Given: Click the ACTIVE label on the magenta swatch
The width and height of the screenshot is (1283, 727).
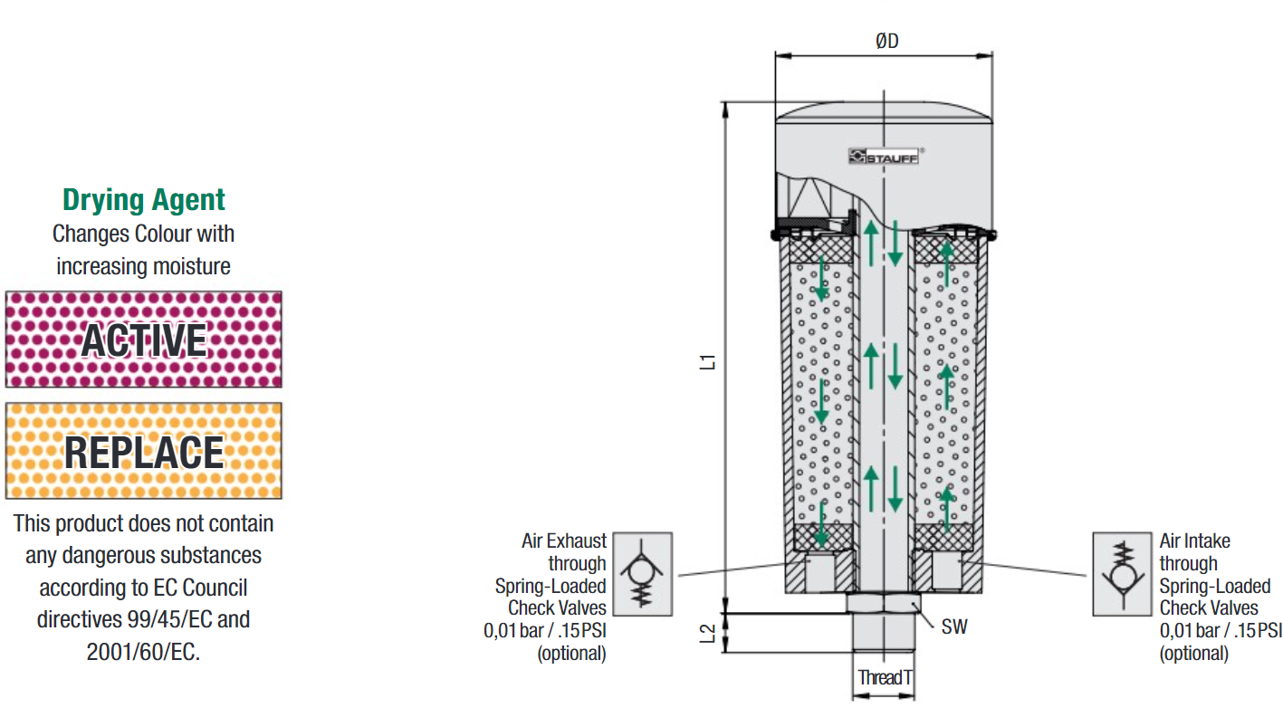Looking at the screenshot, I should tap(144, 340).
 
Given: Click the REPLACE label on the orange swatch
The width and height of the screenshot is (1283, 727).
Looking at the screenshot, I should tap(144, 452).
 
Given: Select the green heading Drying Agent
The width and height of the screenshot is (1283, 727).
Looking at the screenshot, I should tap(144, 199).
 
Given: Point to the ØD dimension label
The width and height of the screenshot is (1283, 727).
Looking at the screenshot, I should tap(887, 42).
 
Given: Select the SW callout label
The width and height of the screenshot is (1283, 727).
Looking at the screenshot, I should tap(953, 627).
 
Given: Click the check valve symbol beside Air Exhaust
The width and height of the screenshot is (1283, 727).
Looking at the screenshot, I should tap(644, 574).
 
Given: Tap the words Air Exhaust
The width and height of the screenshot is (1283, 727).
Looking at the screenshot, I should tap(564, 541).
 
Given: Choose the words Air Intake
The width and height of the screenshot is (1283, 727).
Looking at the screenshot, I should tap(1194, 541).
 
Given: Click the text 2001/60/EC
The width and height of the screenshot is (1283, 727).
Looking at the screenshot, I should tap(143, 652).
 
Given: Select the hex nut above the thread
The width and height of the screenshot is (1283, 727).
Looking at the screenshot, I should tap(884, 602).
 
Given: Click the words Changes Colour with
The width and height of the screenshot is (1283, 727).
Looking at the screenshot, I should tap(143, 234).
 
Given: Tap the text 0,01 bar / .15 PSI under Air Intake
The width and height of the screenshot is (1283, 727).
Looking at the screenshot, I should tap(1221, 631).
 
